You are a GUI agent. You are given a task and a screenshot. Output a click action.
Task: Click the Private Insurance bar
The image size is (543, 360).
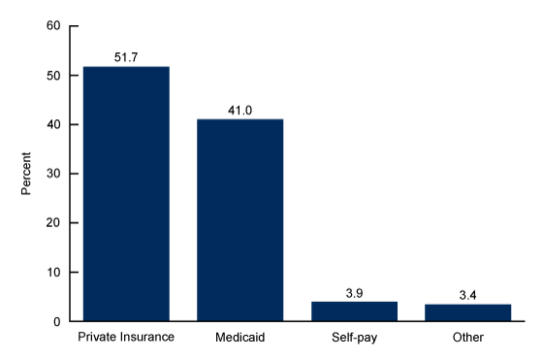[126, 194]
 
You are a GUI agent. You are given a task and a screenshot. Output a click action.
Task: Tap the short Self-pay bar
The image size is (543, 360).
[354, 311]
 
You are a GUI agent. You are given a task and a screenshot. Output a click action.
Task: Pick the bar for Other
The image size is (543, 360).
[467, 312]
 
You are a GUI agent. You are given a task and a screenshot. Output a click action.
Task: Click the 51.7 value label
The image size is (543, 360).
[126, 58]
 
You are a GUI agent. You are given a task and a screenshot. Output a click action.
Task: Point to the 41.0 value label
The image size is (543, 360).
[240, 111]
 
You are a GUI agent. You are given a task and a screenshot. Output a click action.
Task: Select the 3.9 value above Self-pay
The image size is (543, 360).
[354, 293]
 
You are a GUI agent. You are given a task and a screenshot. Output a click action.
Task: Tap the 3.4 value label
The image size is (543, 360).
[467, 295]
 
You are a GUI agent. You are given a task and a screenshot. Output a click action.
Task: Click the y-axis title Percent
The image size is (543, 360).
[27, 173]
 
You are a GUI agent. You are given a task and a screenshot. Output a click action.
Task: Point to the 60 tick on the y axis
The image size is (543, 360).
[53, 26]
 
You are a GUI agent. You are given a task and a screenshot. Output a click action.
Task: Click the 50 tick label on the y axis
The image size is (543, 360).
[53, 76]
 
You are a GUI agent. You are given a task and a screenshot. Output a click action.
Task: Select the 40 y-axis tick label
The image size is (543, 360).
[53, 125]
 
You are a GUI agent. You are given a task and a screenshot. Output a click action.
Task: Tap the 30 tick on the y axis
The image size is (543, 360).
[53, 174]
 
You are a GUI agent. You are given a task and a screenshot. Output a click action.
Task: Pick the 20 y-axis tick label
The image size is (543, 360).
[53, 223]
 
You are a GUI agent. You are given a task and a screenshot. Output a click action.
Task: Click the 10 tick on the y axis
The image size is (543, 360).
[53, 273]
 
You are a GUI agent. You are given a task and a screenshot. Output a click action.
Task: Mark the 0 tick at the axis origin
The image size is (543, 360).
[57, 321]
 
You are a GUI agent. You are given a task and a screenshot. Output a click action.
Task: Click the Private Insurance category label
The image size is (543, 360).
[126, 338]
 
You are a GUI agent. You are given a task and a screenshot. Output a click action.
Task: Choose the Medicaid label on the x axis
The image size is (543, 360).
[240, 338]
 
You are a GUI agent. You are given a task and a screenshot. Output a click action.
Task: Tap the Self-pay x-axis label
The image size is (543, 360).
[354, 338]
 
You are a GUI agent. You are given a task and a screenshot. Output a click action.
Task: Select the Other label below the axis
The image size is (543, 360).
[467, 338]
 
